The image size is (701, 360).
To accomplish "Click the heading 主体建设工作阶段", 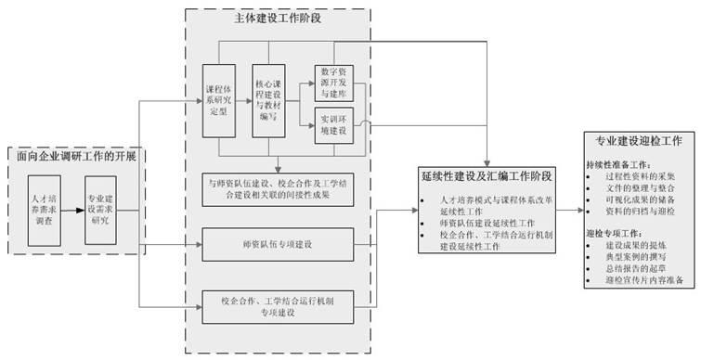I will tap(277, 18).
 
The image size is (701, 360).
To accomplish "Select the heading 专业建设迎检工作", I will tap(637, 141).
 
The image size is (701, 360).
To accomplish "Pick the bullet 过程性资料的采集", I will tap(641, 174).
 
